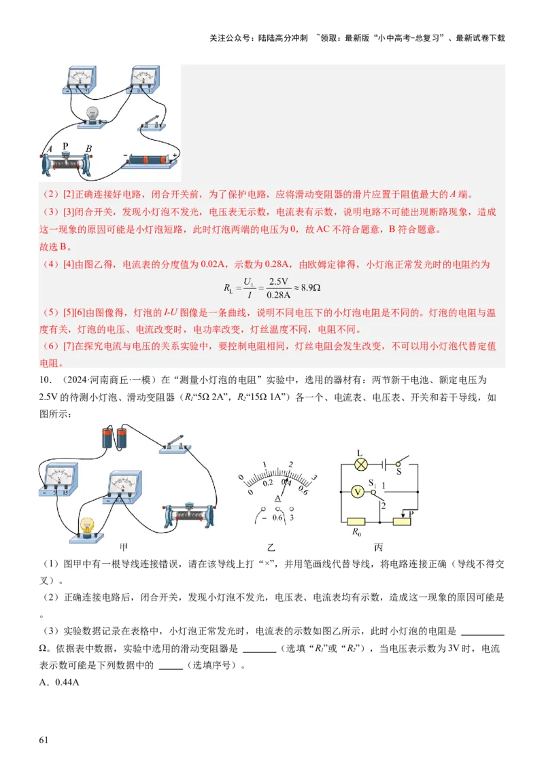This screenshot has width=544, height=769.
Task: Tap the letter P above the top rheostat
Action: pyautogui.click(x=66, y=146)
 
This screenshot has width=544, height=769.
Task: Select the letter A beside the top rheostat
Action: pyautogui.click(x=48, y=150)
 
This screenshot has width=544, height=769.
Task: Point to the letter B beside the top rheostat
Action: pyautogui.click(x=88, y=150)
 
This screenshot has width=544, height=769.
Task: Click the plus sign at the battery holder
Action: pyautogui.click(x=175, y=156)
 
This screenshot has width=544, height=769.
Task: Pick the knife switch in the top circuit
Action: pyautogui.click(x=151, y=123)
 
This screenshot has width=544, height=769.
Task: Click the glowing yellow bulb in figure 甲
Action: pyautogui.click(x=86, y=526)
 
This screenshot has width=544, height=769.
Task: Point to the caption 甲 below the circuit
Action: pyautogui.click(x=124, y=548)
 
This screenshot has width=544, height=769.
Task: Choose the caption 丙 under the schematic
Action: pyautogui.click(x=379, y=548)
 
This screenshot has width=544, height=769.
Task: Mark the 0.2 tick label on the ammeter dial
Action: pyautogui.click(x=269, y=483)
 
